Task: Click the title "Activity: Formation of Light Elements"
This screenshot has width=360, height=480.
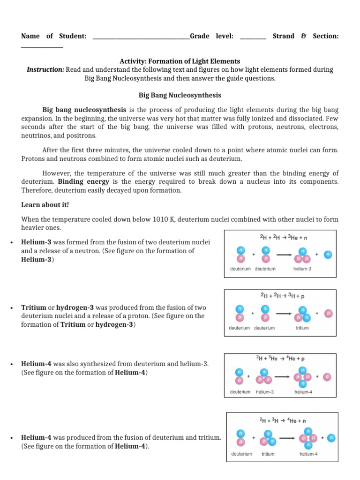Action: coord(180,61)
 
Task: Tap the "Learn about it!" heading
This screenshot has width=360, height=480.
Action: coord(45,205)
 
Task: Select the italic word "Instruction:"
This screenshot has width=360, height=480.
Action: coord(45,69)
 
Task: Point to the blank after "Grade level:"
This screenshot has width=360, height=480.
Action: coord(253,36)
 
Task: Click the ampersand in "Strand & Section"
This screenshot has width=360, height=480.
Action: coord(304,36)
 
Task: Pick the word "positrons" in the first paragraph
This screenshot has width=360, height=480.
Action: coord(82,135)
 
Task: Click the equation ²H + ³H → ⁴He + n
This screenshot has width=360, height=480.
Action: coord(282,420)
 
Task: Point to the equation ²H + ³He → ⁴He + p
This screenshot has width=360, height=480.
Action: coord(280,359)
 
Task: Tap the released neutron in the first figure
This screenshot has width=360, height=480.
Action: coord(328,255)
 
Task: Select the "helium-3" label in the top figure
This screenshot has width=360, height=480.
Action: coord(302,269)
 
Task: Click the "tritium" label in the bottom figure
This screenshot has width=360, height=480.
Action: coord(268,454)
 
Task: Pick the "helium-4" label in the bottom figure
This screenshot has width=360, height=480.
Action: coord(309,454)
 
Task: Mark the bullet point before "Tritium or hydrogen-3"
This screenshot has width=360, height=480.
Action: coord(10,308)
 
